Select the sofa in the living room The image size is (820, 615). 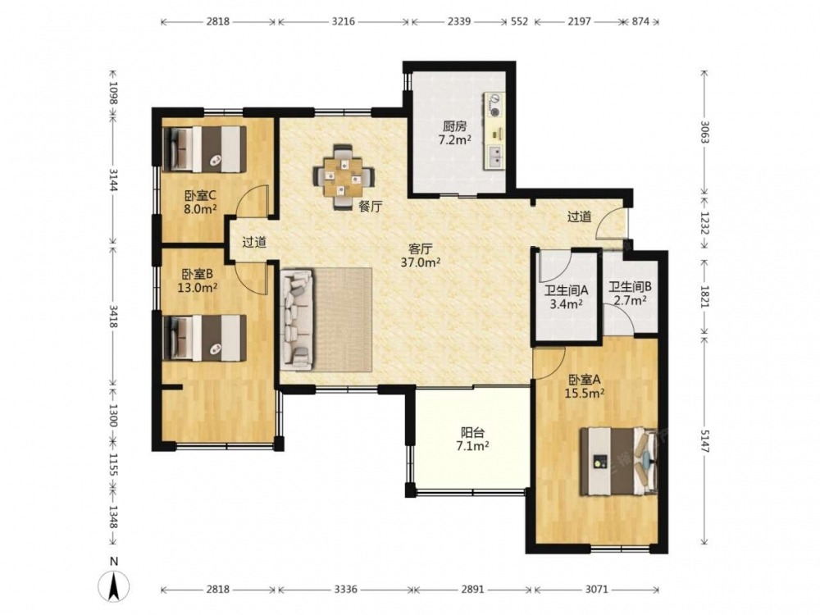(297, 320)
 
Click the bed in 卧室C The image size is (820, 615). (204, 149)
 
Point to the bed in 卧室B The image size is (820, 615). (204, 337)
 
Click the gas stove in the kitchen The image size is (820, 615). (494, 105)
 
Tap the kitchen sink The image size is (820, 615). (494, 157)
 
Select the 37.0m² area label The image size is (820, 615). (420, 262)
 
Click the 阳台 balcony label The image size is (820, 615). (472, 432)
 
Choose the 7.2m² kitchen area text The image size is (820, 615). (454, 139)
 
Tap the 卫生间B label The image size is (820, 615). (630, 286)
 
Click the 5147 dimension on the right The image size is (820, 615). (704, 441)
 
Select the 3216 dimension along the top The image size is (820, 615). (343, 21)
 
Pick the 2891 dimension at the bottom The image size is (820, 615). (472, 590)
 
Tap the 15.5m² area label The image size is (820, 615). (584, 392)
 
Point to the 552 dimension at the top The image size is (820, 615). (519, 21)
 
